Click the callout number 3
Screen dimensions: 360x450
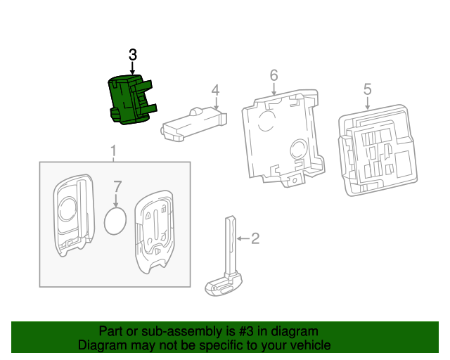133,55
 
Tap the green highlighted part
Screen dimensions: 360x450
129,101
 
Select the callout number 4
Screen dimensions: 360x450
215,90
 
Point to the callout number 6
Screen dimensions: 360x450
274,75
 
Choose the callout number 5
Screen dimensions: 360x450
367,89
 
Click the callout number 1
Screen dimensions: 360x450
112,151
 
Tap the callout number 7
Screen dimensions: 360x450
117,187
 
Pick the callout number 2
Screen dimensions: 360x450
255,239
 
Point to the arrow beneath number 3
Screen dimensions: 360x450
133,67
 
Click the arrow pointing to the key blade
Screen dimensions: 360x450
242,239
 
